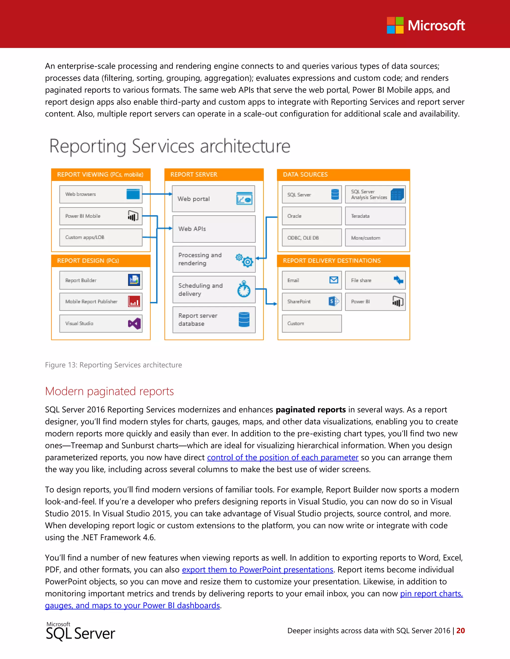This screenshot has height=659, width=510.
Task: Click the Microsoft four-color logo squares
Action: pos(395,25)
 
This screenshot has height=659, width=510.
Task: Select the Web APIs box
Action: pos(214,229)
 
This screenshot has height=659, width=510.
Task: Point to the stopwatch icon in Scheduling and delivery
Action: pos(244,289)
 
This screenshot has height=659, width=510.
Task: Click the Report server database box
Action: pos(214,320)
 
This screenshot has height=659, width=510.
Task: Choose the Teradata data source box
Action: pos(375,216)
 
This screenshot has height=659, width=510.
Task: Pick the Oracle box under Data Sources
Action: pos(312,216)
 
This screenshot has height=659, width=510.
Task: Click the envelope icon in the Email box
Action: pos(333,280)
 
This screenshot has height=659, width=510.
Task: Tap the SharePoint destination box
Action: pos(312,301)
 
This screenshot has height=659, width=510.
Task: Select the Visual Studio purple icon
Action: pos(134,324)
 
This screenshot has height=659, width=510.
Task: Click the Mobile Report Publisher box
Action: pos(101,301)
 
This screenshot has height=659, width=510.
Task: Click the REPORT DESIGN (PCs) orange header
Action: pos(101,261)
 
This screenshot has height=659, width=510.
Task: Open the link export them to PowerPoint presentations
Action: pos(257,569)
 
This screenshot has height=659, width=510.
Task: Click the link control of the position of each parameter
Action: pos(282,457)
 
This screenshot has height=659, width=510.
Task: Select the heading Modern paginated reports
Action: pos(109,391)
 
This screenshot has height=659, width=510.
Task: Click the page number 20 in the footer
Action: pos(460,630)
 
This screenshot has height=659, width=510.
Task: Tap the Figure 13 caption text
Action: pos(113,365)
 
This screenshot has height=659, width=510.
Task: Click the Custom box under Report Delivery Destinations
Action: pos(312,324)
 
